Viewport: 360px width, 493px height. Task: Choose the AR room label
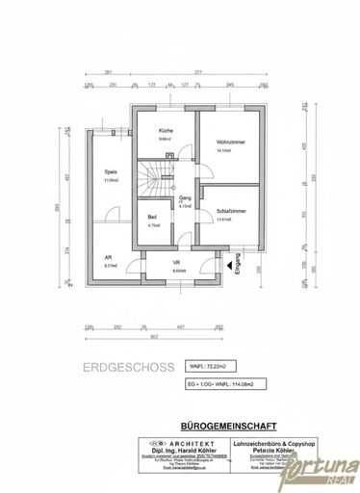(108, 257)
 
